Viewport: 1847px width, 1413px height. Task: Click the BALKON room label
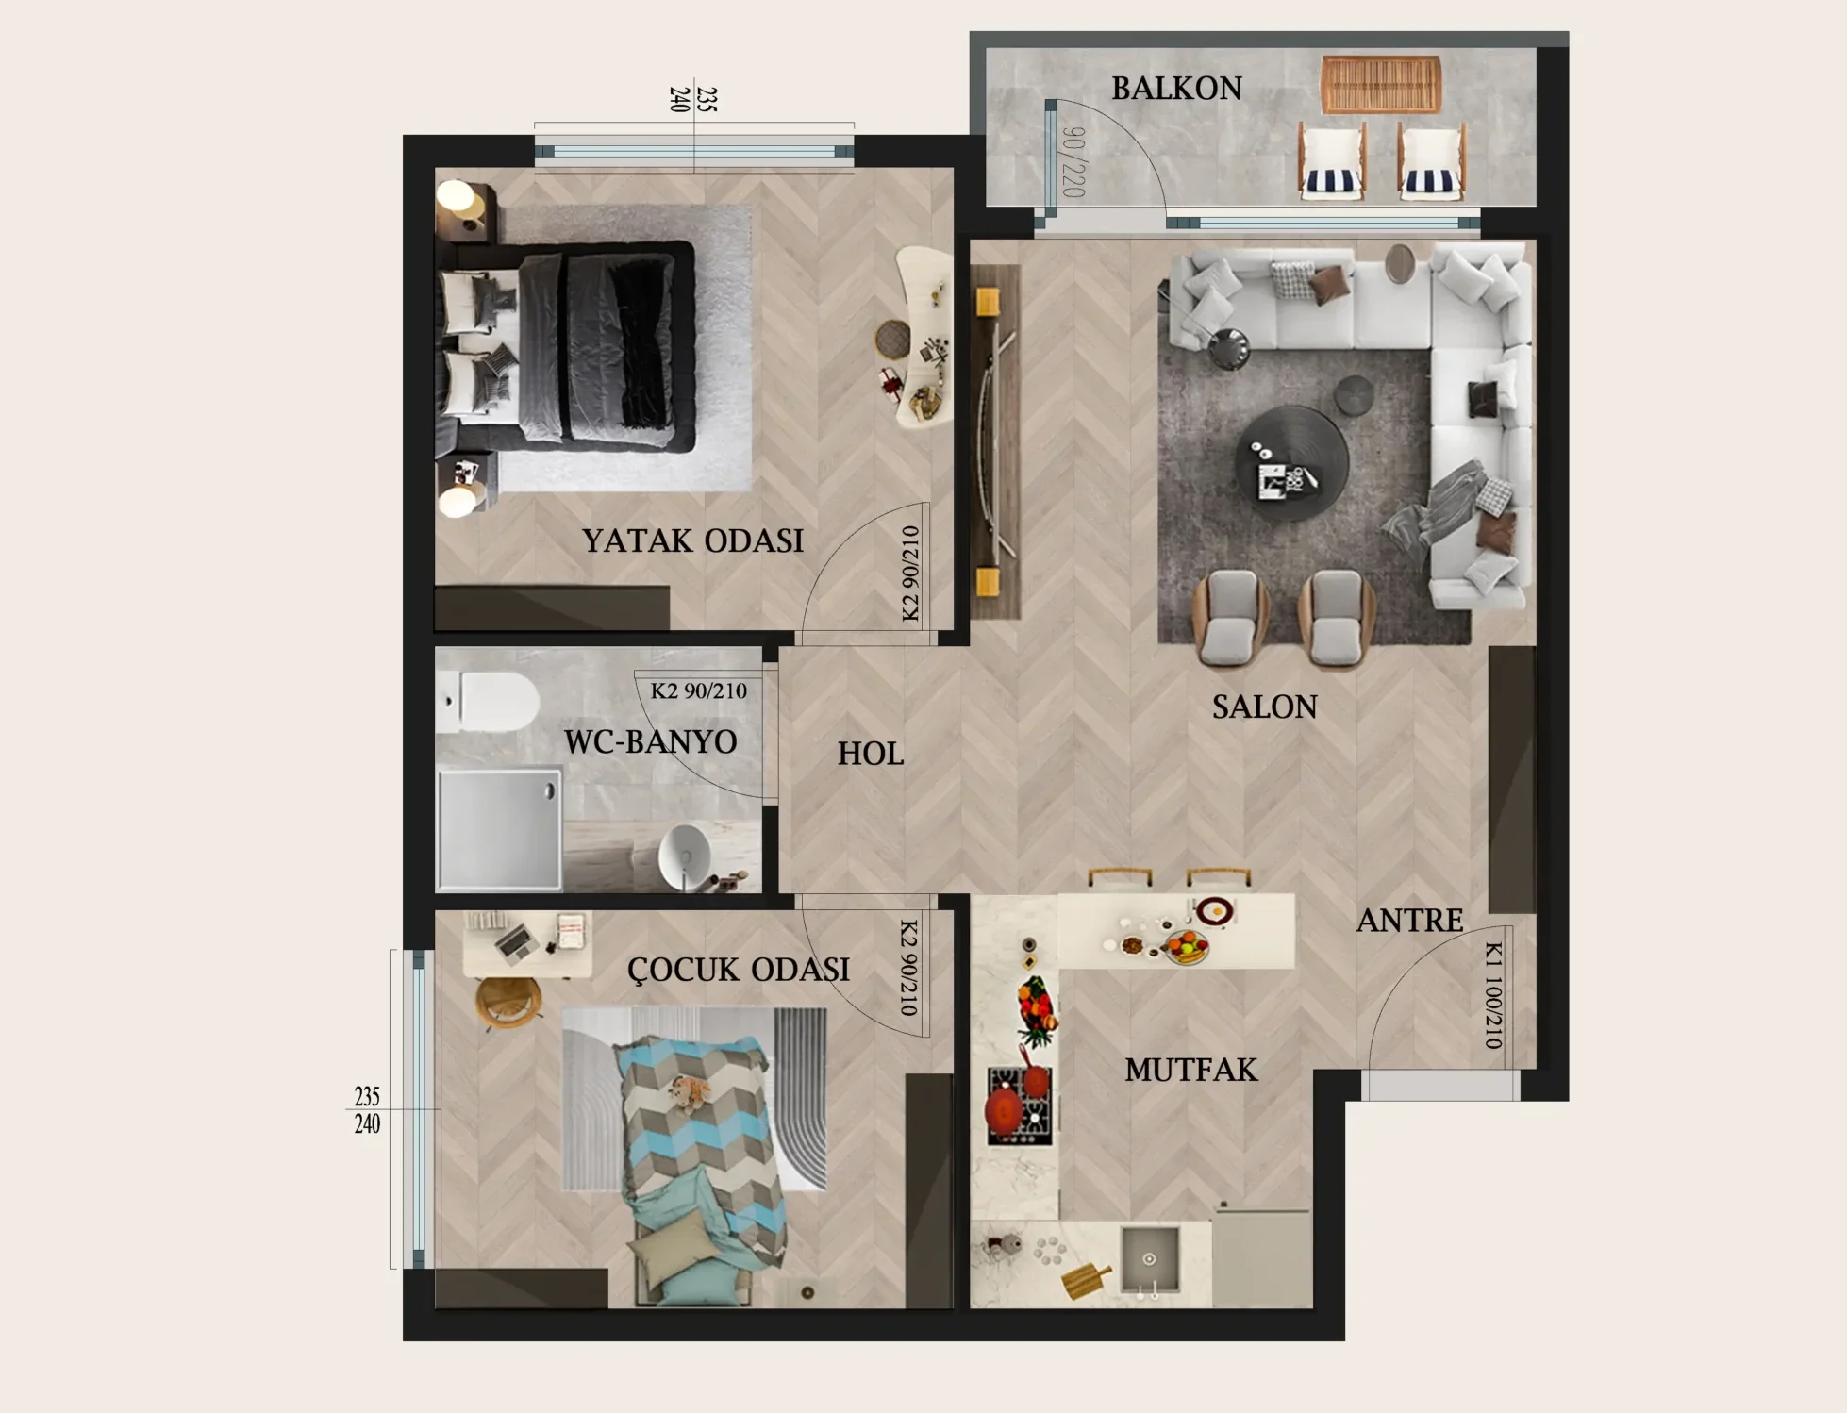point(1176,89)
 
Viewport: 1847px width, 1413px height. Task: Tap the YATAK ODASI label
point(693,540)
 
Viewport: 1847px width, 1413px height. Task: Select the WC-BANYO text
point(651,741)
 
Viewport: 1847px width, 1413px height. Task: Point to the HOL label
point(871,754)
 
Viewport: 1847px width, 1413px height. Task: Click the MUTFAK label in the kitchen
point(1191,1070)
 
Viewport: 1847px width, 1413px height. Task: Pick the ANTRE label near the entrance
point(1410,920)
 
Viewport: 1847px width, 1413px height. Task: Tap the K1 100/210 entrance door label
point(1492,994)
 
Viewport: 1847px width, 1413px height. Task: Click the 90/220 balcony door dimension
point(1073,162)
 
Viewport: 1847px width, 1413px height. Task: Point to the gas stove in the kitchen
point(1019,1105)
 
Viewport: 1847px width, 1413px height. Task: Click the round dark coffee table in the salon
point(1290,462)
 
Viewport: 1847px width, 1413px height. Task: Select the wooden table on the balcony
point(1381,84)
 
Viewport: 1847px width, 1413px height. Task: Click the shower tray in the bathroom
point(499,830)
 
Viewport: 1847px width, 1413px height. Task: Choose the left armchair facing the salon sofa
point(1230,618)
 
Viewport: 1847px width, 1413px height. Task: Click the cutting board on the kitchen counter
point(1088,1279)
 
